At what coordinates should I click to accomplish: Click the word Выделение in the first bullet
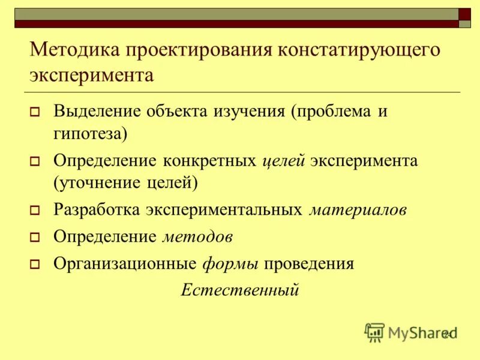click(97, 111)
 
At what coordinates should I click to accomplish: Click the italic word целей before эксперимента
click(285, 161)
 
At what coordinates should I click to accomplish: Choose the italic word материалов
click(358, 210)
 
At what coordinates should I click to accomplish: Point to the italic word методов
click(197, 236)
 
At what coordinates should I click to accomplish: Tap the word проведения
click(309, 263)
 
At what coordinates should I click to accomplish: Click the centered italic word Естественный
click(240, 290)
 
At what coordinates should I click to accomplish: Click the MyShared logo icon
click(374, 332)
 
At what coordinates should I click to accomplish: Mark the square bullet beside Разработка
click(35, 211)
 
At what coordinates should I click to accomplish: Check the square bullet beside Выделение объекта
click(35, 112)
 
